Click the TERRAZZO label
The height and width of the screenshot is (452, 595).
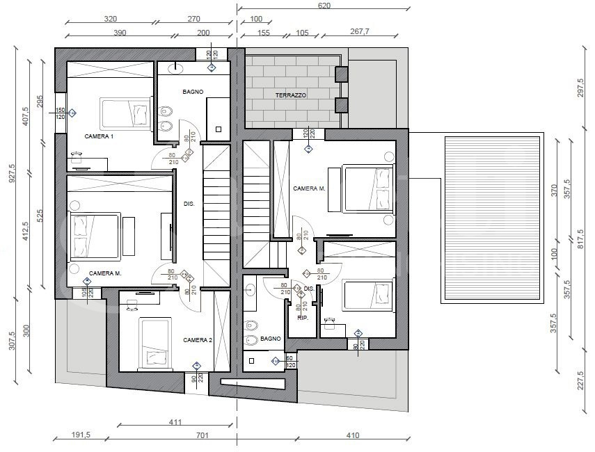291,95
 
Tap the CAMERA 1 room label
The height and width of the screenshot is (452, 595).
99,136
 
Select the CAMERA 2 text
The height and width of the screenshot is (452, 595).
197,340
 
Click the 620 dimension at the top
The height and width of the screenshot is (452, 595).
324,5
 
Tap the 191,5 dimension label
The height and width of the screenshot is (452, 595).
81,437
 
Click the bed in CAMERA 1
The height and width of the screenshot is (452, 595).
126,113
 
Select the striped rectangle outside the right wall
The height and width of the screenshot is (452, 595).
492,218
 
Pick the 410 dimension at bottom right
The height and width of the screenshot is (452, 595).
353,437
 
